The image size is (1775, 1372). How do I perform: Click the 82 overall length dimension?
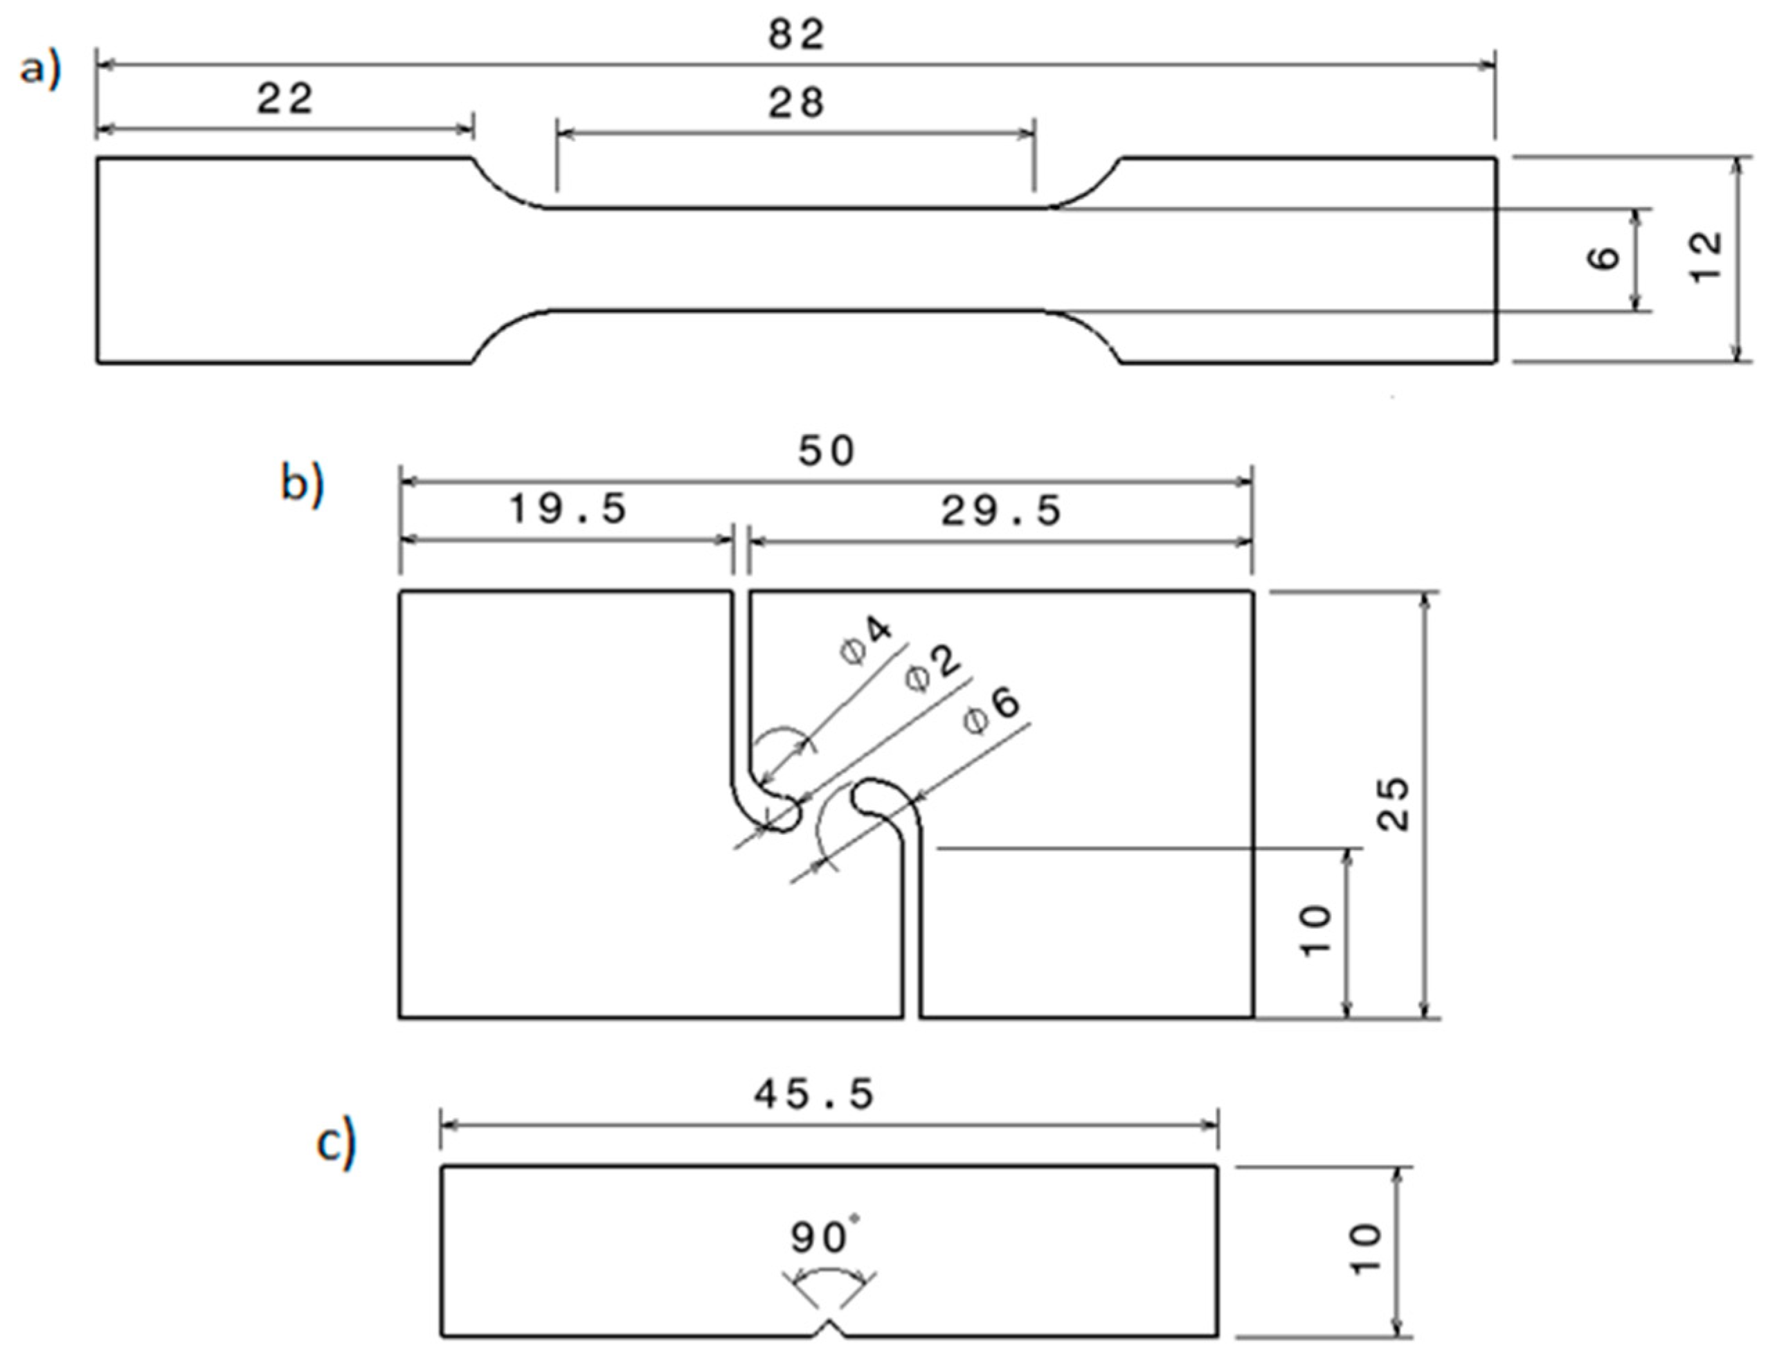pos(797,35)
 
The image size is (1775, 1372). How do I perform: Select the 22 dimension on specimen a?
pos(285,100)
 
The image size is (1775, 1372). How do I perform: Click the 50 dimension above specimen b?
pos(827,451)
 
